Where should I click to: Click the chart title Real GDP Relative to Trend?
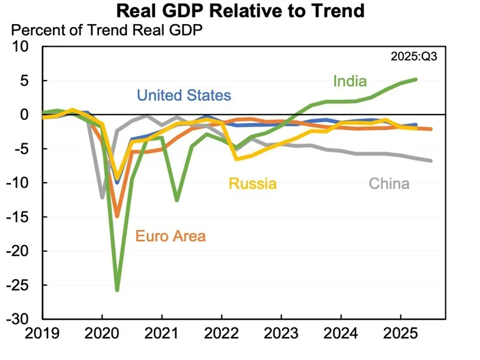click(x=239, y=11)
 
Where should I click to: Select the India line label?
click(x=350, y=81)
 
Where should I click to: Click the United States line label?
click(x=184, y=95)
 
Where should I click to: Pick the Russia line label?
click(x=251, y=184)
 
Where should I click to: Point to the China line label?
click(x=389, y=184)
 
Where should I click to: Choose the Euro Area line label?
click(x=170, y=236)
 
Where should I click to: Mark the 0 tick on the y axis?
click(x=31, y=114)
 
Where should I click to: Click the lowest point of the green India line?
click(x=117, y=290)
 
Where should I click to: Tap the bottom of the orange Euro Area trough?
click(x=117, y=216)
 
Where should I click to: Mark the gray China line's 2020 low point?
click(x=103, y=197)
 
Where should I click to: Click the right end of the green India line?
click(x=416, y=79)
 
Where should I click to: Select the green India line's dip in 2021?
click(x=176, y=200)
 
